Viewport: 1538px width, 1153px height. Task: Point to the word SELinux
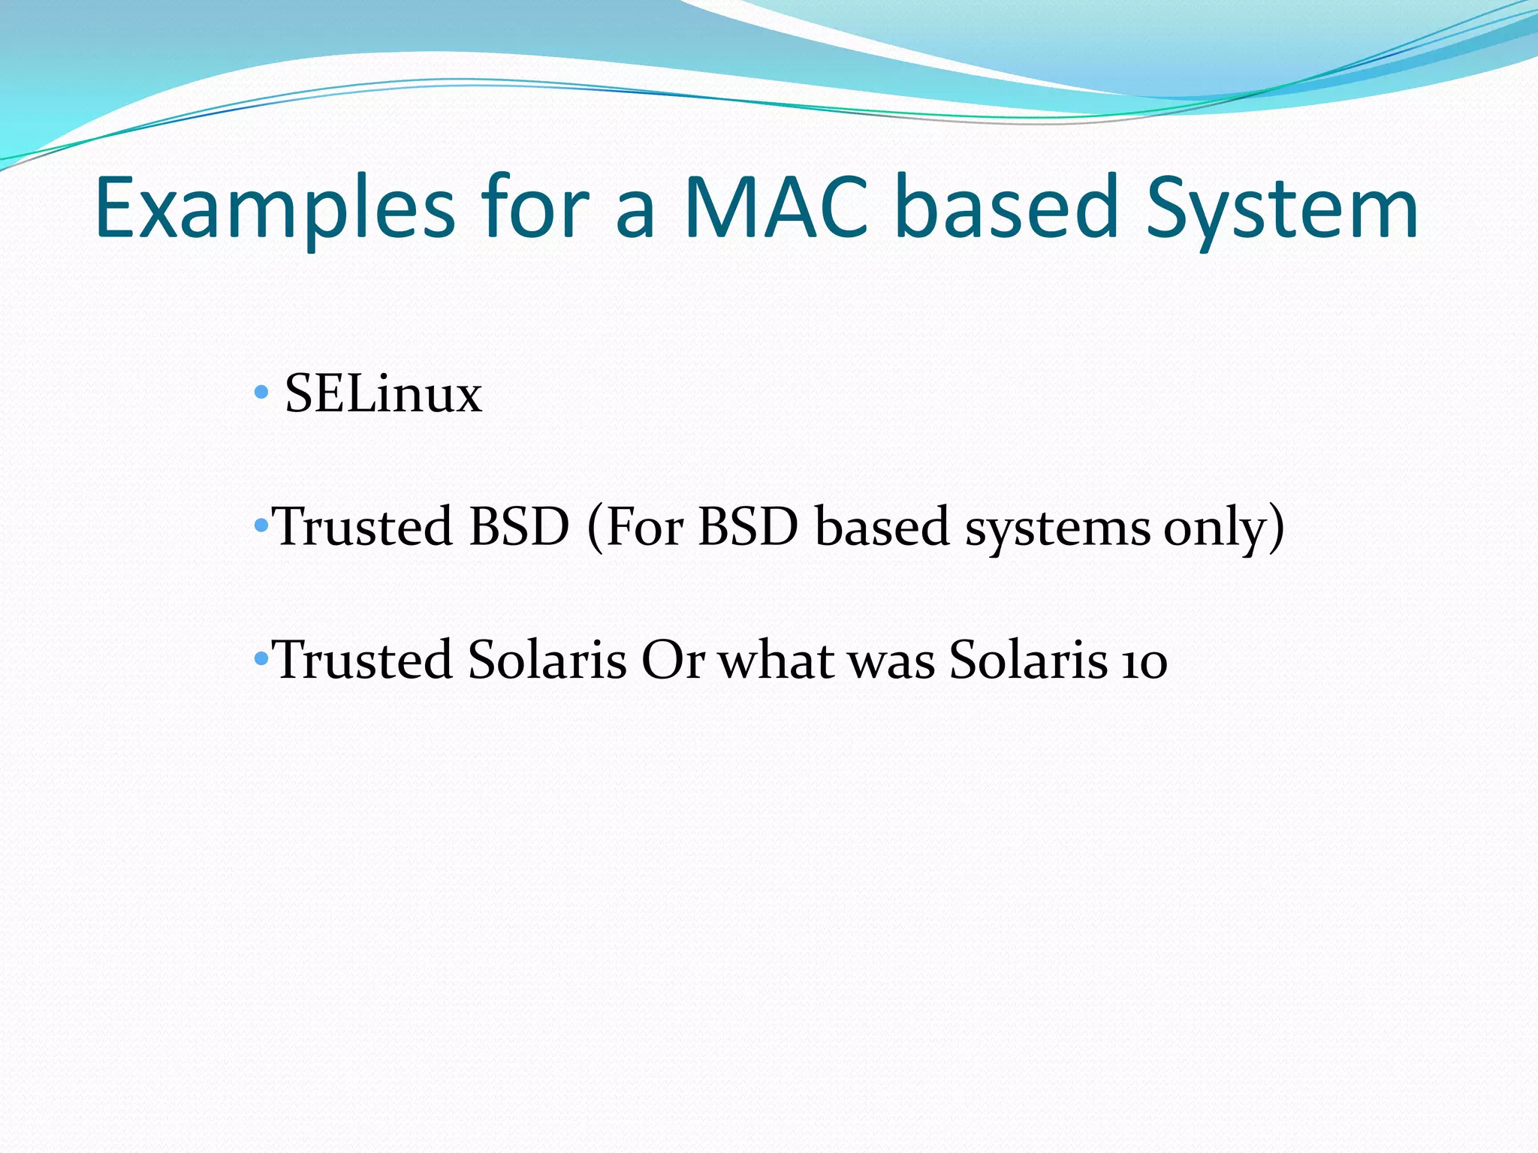click(x=383, y=393)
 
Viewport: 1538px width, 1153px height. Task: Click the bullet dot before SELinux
click(x=261, y=392)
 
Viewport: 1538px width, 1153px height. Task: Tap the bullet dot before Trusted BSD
click(x=261, y=525)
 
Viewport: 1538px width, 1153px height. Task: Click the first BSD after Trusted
click(x=519, y=527)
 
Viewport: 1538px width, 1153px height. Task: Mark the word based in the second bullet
click(x=882, y=527)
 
